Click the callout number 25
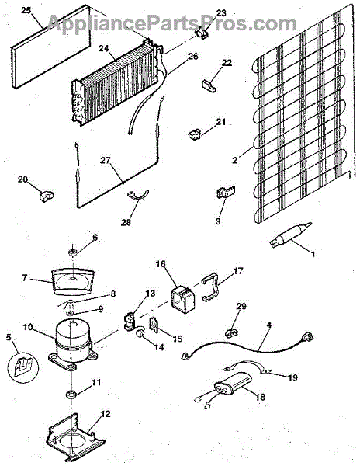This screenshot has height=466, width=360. pos(26,10)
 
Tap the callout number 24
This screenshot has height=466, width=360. pos(104,48)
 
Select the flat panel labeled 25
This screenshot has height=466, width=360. pos(50,47)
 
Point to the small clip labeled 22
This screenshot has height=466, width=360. pos(209,85)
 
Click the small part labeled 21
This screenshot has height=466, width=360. pos(195,134)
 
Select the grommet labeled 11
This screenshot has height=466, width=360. pos(71,395)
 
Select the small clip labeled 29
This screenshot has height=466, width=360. pos(232,333)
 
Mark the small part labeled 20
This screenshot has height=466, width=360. pos(47,196)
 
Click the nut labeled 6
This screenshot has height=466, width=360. pos(72,253)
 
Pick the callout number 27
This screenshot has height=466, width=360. pos(105,161)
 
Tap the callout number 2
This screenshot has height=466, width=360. pos(235,161)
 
